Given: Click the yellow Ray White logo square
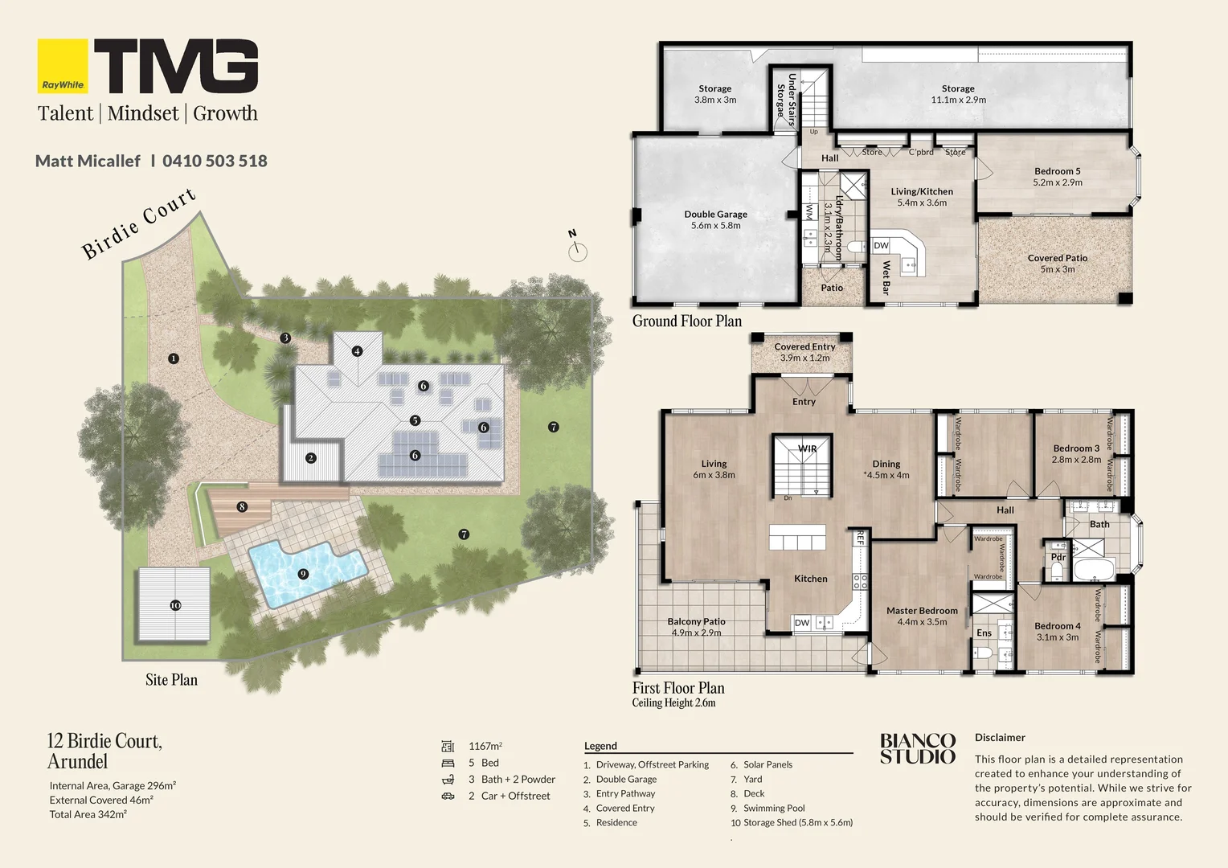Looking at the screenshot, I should tap(63, 66).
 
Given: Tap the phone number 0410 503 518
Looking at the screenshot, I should tap(215, 161).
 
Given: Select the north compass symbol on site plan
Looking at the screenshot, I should tap(577, 250).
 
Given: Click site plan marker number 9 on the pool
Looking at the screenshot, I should tap(303, 574).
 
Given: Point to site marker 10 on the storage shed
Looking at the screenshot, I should tap(175, 605).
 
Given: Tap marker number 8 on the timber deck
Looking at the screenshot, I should tap(242, 506).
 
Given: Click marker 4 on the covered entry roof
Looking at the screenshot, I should tap(358, 351).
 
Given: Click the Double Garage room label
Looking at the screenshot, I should tap(715, 215).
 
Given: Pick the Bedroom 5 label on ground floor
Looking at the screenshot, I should tap(1057, 171).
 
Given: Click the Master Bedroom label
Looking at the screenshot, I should tap(922, 611).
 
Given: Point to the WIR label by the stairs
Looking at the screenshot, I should tap(807, 448).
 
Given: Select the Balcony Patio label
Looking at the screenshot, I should tap(696, 621).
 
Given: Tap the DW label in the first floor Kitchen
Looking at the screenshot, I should tap(802, 623).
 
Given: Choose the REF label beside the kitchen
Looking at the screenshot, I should tap(859, 538).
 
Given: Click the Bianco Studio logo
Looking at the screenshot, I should tap(917, 748).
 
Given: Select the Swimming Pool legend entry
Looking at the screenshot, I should tap(773, 808).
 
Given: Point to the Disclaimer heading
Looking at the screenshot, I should tap(1000, 737).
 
